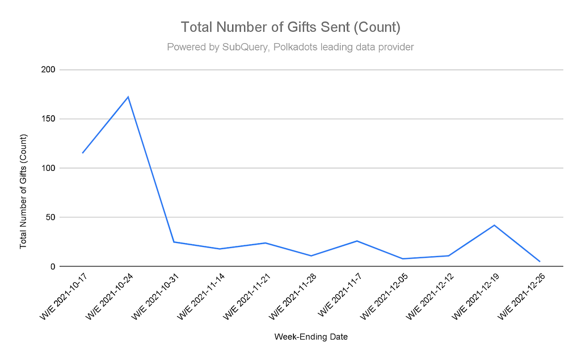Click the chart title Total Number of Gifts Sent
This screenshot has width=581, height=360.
[290, 27]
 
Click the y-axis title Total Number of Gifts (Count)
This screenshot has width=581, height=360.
[23, 191]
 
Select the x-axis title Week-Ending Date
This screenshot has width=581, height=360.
[311, 337]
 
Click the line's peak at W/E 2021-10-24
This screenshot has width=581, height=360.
[128, 97]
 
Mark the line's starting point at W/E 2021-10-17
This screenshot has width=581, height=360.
[82, 153]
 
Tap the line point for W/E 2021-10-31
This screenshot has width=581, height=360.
[174, 242]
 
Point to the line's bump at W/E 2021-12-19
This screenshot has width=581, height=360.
[494, 225]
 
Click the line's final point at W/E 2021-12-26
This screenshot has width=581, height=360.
[540, 261]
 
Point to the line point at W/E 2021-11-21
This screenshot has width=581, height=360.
[265, 243]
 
